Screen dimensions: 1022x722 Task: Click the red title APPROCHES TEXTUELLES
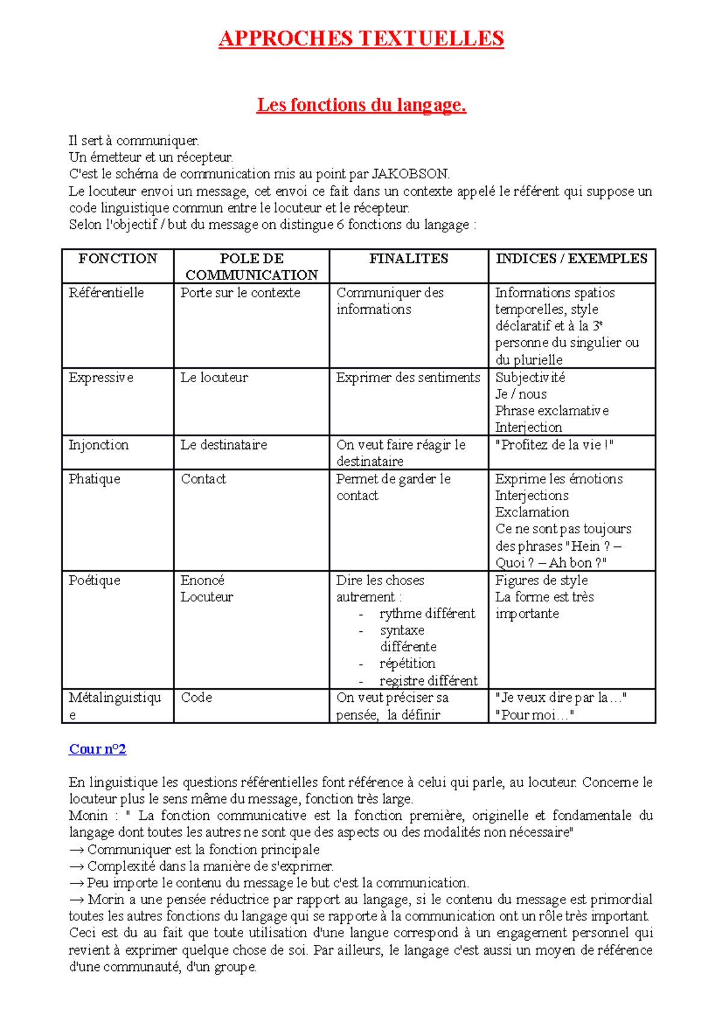[x=361, y=39]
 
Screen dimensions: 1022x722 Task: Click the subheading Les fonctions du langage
[x=361, y=105]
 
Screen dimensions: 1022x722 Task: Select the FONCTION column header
[x=117, y=259]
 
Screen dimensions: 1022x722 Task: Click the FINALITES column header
[x=409, y=259]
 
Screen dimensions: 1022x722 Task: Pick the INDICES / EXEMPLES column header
[x=571, y=259]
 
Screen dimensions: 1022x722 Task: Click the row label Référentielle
[x=106, y=293]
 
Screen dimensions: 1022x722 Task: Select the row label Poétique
[x=94, y=580]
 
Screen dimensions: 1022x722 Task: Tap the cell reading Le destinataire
[x=223, y=445]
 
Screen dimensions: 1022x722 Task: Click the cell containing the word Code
[x=196, y=698]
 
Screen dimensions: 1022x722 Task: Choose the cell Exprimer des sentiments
[x=408, y=378]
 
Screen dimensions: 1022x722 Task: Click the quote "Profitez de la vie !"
[x=554, y=445]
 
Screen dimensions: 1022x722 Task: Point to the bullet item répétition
[x=407, y=663]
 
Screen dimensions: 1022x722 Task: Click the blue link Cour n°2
[x=97, y=749]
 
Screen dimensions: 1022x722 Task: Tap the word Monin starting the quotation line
[x=88, y=816]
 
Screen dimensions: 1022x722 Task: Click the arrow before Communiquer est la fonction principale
[x=76, y=850]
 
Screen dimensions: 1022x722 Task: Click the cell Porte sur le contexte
[x=240, y=293]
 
